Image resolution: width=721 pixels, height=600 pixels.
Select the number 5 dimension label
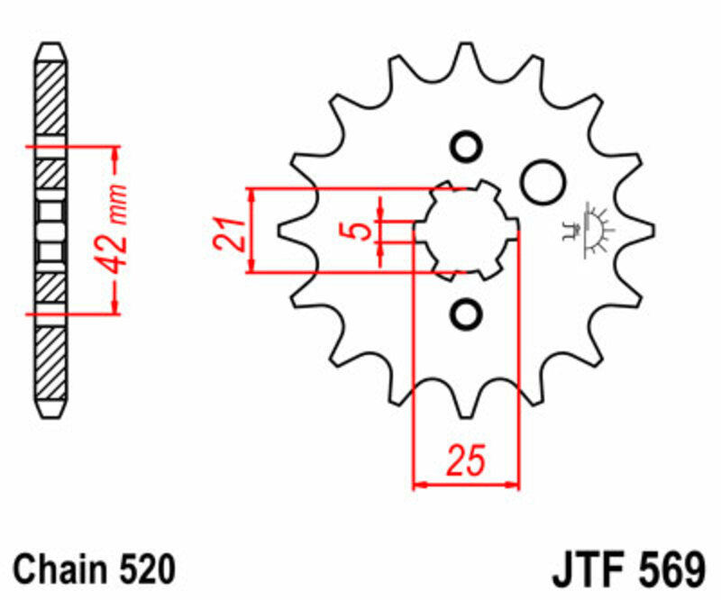pos(360,231)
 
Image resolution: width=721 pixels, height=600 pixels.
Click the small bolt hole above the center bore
pos(466,148)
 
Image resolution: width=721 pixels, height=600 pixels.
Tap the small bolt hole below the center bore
pos(466,314)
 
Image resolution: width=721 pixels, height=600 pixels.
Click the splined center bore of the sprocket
pos(465,231)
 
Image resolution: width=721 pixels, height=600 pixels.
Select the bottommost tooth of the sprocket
pos(466,410)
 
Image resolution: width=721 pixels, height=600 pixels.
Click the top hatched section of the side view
pos(50,99)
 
